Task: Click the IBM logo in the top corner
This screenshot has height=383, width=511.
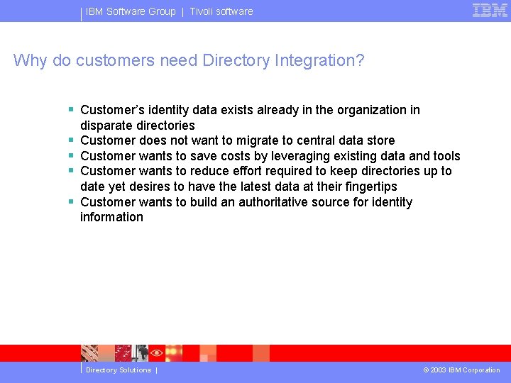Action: [x=490, y=11]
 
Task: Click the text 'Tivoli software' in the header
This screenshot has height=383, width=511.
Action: [x=221, y=11]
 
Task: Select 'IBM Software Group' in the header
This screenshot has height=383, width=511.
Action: [x=131, y=11]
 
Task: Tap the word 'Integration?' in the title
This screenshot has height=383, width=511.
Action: [x=319, y=60]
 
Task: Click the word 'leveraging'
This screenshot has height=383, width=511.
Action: [x=302, y=156]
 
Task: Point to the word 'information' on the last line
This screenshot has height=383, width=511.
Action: [x=111, y=217]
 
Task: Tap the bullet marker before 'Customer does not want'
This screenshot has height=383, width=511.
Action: [x=71, y=140]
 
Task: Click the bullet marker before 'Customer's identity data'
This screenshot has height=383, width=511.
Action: [x=71, y=110]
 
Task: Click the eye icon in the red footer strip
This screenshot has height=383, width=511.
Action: [x=157, y=353]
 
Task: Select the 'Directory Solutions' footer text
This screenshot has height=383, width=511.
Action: [x=119, y=370]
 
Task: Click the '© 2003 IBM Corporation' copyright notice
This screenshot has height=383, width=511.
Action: [x=461, y=370]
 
